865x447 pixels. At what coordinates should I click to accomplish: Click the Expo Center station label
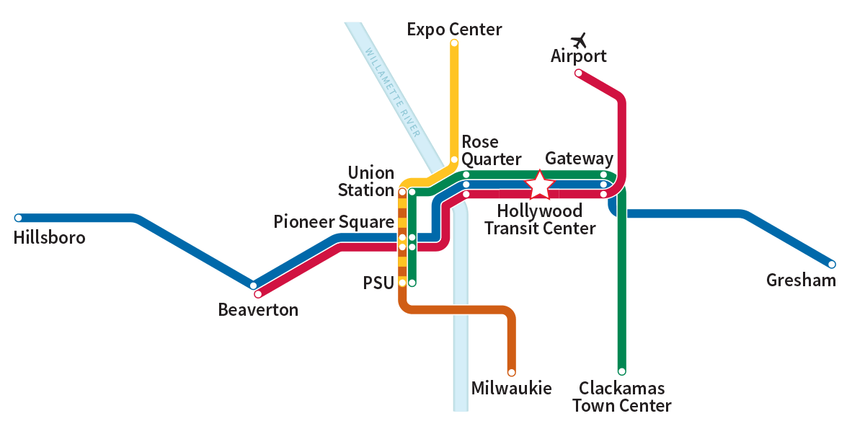(454, 30)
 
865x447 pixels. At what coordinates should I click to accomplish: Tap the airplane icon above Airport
(579, 40)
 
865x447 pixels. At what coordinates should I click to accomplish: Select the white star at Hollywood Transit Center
(540, 185)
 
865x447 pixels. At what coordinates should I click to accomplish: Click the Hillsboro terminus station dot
(19, 218)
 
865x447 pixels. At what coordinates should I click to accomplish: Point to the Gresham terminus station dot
(832, 264)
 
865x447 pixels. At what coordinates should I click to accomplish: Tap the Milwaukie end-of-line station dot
(512, 373)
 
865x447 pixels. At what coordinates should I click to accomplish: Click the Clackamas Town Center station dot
(621, 371)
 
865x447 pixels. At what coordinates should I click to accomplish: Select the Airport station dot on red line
(578, 73)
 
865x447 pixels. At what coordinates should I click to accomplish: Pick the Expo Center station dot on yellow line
(454, 43)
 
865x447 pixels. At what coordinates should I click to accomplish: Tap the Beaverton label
(258, 310)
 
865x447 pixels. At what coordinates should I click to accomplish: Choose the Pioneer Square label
(333, 222)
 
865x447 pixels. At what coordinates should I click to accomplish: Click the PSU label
(378, 283)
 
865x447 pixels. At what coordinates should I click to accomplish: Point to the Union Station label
(371, 182)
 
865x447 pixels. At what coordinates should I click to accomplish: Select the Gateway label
(579, 159)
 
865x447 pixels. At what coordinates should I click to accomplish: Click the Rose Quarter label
(491, 150)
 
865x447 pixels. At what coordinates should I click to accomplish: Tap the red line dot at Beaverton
(258, 293)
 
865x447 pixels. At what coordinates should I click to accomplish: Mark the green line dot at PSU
(412, 283)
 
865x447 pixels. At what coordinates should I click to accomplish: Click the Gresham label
(801, 280)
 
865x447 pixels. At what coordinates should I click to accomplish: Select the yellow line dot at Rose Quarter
(454, 160)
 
